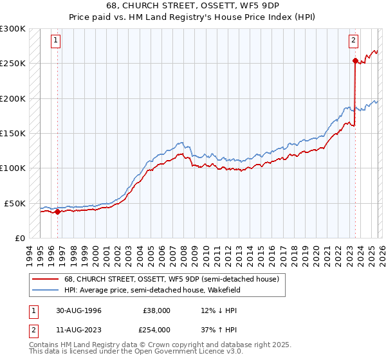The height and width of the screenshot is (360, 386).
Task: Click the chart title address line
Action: pos(192,6)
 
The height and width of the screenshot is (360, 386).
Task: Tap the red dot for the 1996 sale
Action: pos(57,212)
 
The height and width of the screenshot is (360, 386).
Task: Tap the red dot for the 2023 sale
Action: pos(354,61)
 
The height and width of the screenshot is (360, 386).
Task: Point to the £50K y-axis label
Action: pos(15,203)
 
